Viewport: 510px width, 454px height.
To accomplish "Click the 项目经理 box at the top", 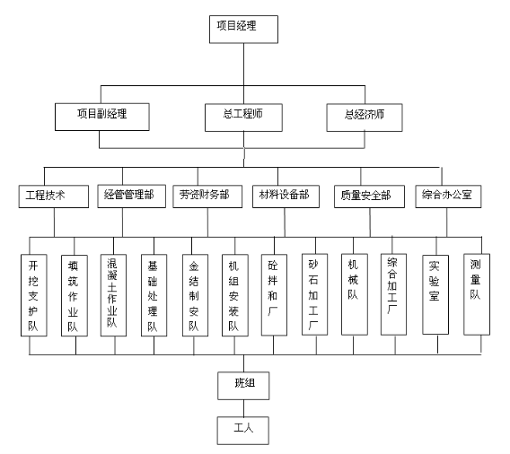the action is pyautogui.click(x=243, y=30).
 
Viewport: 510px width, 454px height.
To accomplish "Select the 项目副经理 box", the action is pyautogui.click(x=102, y=117).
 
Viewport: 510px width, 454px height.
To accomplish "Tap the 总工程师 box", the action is pyautogui.click(x=243, y=118).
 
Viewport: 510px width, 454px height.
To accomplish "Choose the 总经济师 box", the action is pyautogui.click(x=365, y=118).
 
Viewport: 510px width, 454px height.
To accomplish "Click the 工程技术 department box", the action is pyautogui.click(x=54, y=196).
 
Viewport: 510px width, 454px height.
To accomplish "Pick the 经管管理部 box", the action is pyautogui.click(x=132, y=196).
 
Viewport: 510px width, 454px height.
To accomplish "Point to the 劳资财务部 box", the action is pyautogui.click(x=207, y=196).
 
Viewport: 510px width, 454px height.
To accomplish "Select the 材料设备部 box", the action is pyautogui.click(x=286, y=196).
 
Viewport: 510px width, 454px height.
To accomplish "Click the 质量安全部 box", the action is pyautogui.click(x=370, y=196).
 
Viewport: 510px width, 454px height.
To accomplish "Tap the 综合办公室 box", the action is pyautogui.click(x=448, y=196).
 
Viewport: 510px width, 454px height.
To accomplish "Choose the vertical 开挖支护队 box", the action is pyautogui.click(x=34, y=295).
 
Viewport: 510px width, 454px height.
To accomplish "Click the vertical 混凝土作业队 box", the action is pyautogui.click(x=113, y=295).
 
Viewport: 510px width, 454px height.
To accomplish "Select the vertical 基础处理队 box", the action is pyautogui.click(x=154, y=295).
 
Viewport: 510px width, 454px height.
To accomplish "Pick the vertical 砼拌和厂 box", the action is pyautogui.click(x=274, y=295).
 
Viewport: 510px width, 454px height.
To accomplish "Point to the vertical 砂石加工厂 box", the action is pyautogui.click(x=315, y=294).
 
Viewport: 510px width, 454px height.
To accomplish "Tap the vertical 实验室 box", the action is pyautogui.click(x=435, y=294).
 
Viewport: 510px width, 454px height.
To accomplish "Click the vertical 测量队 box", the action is pyautogui.click(x=477, y=294).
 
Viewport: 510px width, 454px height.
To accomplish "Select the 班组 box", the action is pyautogui.click(x=243, y=386).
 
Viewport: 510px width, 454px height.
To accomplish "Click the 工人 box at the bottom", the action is pyautogui.click(x=243, y=431).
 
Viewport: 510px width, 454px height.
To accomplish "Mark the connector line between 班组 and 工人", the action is pyautogui.click(x=243, y=408).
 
